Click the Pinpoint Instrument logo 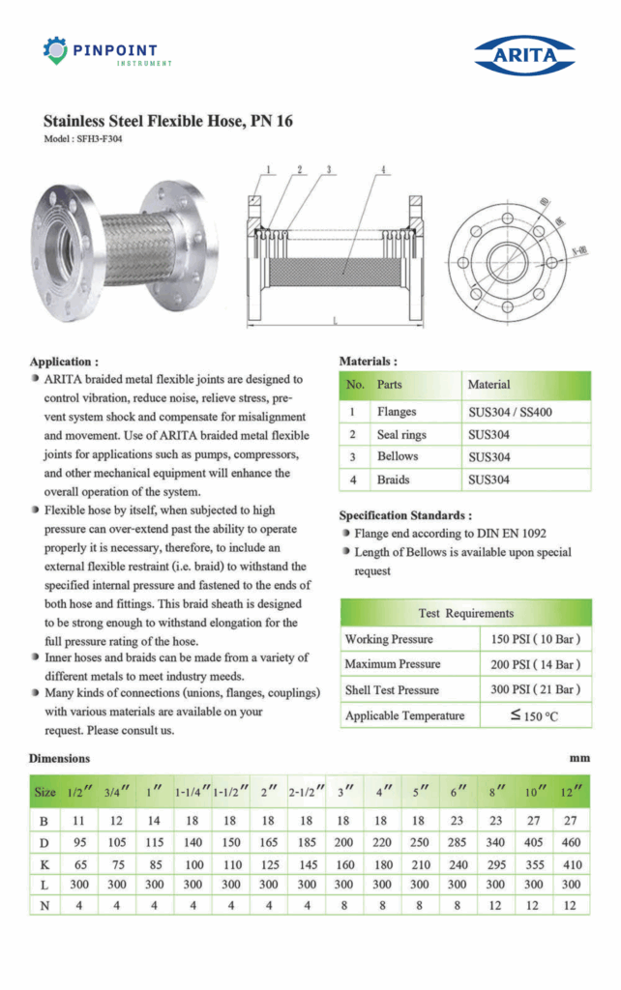click(x=106, y=51)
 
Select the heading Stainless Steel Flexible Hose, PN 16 click(x=167, y=122)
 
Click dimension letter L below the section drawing click(x=334, y=319)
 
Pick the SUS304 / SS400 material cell click(x=511, y=413)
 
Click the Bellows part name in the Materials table click(x=397, y=457)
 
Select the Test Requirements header click(x=465, y=613)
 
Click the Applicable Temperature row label click(x=404, y=716)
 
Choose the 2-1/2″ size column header click(x=307, y=794)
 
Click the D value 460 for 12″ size click(x=572, y=842)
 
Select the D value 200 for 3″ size click(x=343, y=842)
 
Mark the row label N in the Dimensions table click(x=44, y=906)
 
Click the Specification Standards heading click(x=404, y=516)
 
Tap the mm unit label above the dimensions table click(x=579, y=759)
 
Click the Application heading click(x=63, y=362)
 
